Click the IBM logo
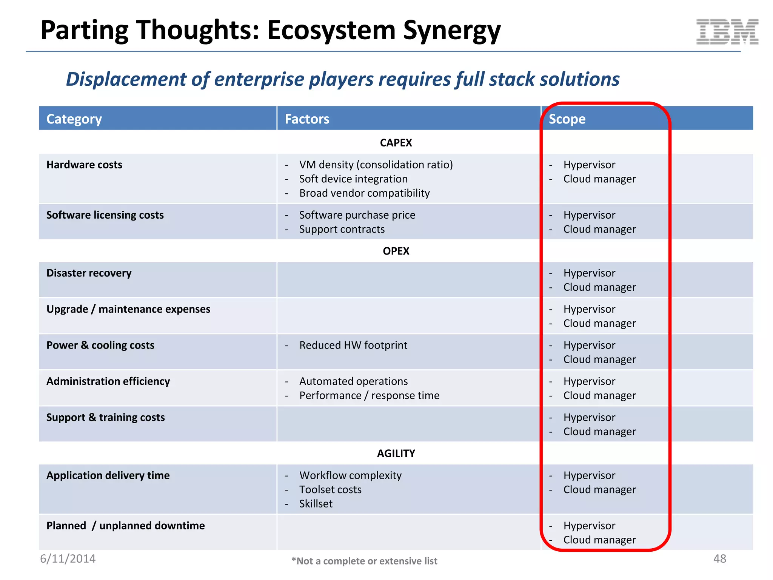727,32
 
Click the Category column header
74,119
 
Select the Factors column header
307,119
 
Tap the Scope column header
567,119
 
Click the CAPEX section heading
396,143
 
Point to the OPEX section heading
396,251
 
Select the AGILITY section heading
396,454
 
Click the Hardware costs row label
84,165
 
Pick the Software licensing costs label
105,215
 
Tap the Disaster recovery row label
89,273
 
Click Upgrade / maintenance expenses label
128,309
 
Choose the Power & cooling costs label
100,345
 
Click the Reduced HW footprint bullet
353,345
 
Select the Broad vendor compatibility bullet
364,193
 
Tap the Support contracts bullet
342,229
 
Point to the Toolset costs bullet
330,489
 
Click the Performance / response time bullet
369,395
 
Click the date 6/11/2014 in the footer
68,559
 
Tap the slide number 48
719,559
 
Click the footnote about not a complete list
364,561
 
